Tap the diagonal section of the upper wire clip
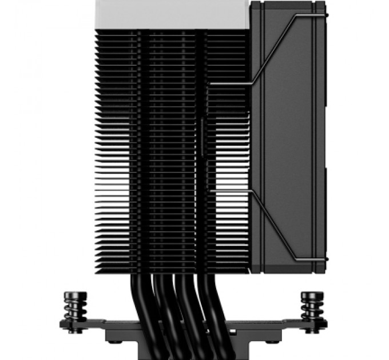click(275, 51)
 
